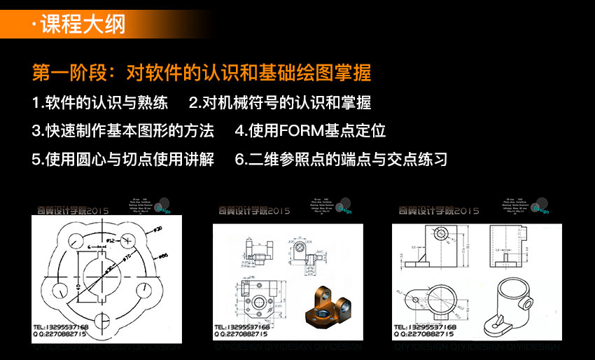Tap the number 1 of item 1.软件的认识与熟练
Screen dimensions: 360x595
click(36, 102)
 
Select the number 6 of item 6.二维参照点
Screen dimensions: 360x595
click(239, 159)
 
